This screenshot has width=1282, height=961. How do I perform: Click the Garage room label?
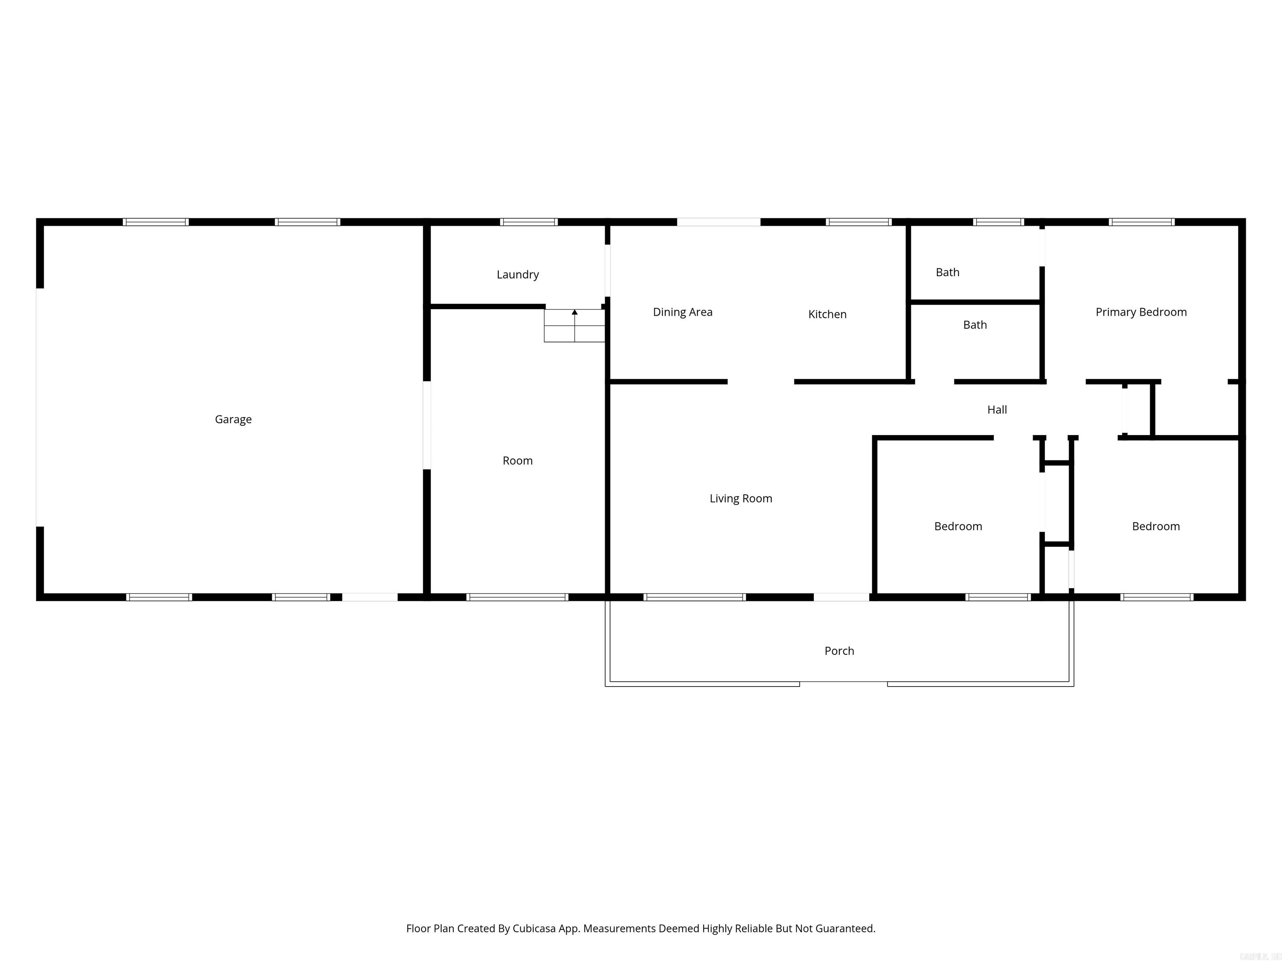tap(233, 419)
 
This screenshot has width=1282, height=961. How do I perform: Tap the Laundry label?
tap(517, 274)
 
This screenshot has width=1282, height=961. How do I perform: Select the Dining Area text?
tap(682, 312)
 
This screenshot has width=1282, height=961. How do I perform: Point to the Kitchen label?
tap(827, 314)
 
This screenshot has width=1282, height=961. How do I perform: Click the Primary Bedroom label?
tap(1141, 312)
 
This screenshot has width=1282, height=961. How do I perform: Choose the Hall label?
tap(997, 410)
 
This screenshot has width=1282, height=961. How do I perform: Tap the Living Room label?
tap(741, 499)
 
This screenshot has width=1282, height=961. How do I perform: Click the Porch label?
tap(839, 651)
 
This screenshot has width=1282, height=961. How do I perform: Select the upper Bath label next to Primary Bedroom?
tap(947, 272)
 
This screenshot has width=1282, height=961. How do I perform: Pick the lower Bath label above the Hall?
tap(974, 325)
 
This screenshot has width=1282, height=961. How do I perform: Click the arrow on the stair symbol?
tap(574, 313)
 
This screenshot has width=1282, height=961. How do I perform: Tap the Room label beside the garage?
tap(517, 461)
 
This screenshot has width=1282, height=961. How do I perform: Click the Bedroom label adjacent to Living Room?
tap(957, 526)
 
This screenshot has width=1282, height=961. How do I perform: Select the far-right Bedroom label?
tap(1156, 526)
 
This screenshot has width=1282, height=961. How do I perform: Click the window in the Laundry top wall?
tap(529, 222)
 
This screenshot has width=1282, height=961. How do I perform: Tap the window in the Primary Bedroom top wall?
tap(1141, 222)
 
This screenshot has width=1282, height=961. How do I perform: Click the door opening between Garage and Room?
tap(426, 425)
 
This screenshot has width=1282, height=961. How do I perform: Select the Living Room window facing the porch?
tap(694, 597)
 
